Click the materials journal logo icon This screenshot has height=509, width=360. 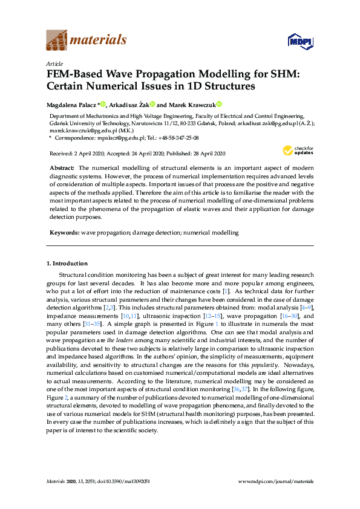[57, 41]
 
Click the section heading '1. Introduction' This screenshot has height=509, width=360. [67, 264]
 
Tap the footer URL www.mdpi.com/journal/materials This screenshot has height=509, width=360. [277, 481]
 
